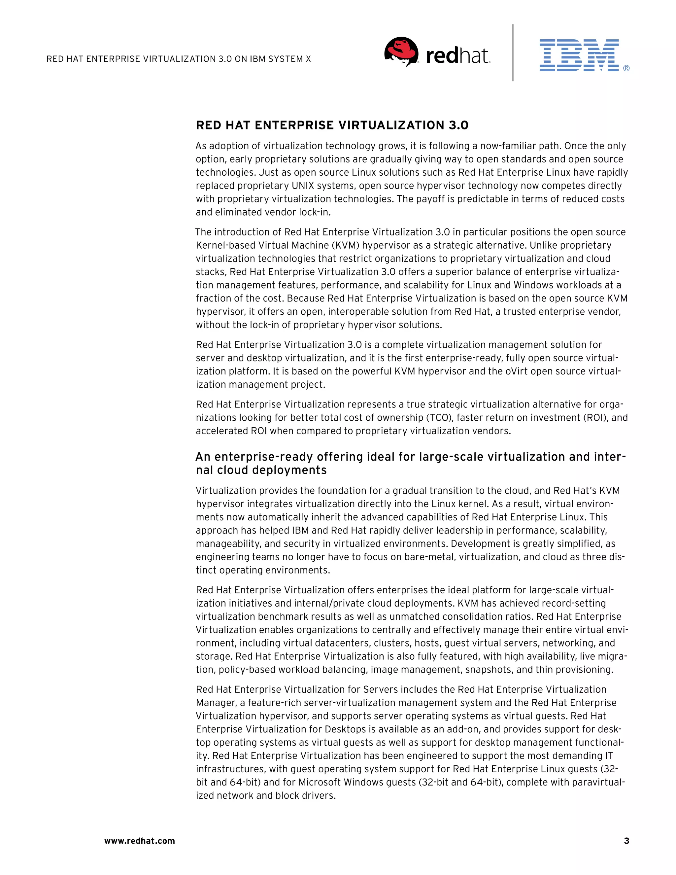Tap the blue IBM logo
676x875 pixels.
(579, 55)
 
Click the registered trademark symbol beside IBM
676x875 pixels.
(626, 68)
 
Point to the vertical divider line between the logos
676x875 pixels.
(513, 52)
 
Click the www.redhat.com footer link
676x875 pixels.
(139, 841)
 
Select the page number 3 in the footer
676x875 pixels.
(626, 841)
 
